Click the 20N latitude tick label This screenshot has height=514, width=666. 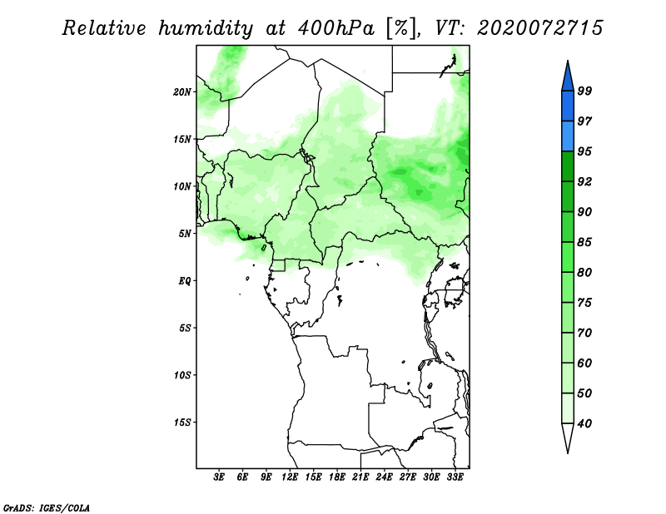[182, 92]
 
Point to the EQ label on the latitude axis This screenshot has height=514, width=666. [185, 281]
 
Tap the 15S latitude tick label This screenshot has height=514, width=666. [182, 423]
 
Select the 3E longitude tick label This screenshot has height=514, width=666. [219, 477]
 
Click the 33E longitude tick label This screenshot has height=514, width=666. [455, 477]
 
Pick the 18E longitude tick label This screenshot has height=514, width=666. [337, 477]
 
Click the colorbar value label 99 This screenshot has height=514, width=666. [584, 91]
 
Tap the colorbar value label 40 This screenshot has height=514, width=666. [584, 423]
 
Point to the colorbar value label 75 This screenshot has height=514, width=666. [584, 302]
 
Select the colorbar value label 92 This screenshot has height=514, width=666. [584, 181]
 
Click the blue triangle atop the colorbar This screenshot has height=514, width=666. [568, 77]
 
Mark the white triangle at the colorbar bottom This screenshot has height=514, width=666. [568, 437]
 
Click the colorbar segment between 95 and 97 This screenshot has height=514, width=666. [568, 136]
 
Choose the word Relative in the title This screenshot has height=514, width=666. [104, 28]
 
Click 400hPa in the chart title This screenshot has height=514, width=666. [336, 28]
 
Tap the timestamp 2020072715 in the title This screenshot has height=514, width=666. [540, 28]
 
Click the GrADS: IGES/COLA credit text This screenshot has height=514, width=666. [47, 508]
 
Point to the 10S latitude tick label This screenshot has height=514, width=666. [182, 375]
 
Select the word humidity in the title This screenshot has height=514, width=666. [206, 29]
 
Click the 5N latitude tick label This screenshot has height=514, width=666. [185, 234]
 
